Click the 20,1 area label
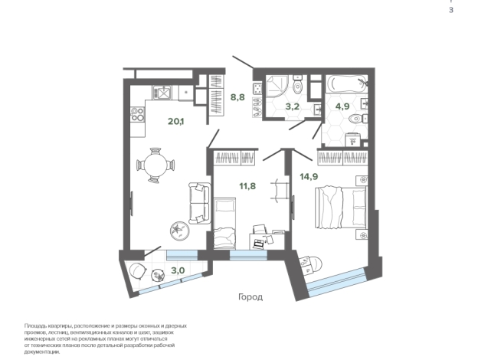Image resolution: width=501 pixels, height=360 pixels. [176, 121]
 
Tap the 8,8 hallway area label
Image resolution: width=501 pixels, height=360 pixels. [237, 97]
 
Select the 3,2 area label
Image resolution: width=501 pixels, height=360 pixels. [293, 106]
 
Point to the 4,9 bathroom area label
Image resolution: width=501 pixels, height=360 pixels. [342, 106]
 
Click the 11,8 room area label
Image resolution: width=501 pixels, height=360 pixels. [247, 186]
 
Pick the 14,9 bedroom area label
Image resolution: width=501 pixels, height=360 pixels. [309, 176]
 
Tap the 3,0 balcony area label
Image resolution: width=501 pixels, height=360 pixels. [178, 270]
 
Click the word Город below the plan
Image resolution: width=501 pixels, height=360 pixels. [250, 297]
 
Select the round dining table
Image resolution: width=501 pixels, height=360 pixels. [156, 165]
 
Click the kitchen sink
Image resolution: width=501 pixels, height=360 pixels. [162, 93]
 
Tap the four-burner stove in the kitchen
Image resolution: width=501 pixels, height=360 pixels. [138, 114]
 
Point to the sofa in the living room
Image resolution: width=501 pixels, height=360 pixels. [199, 203]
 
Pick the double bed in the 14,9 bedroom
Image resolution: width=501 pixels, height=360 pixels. [341, 208]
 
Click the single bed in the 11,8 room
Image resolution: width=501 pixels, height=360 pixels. [225, 224]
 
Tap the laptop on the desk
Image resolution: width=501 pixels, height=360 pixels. [258, 244]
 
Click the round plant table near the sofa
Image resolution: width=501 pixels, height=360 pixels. [179, 231]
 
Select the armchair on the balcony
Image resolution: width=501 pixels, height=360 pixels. [139, 271]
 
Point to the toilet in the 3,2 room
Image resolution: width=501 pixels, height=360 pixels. [298, 84]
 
